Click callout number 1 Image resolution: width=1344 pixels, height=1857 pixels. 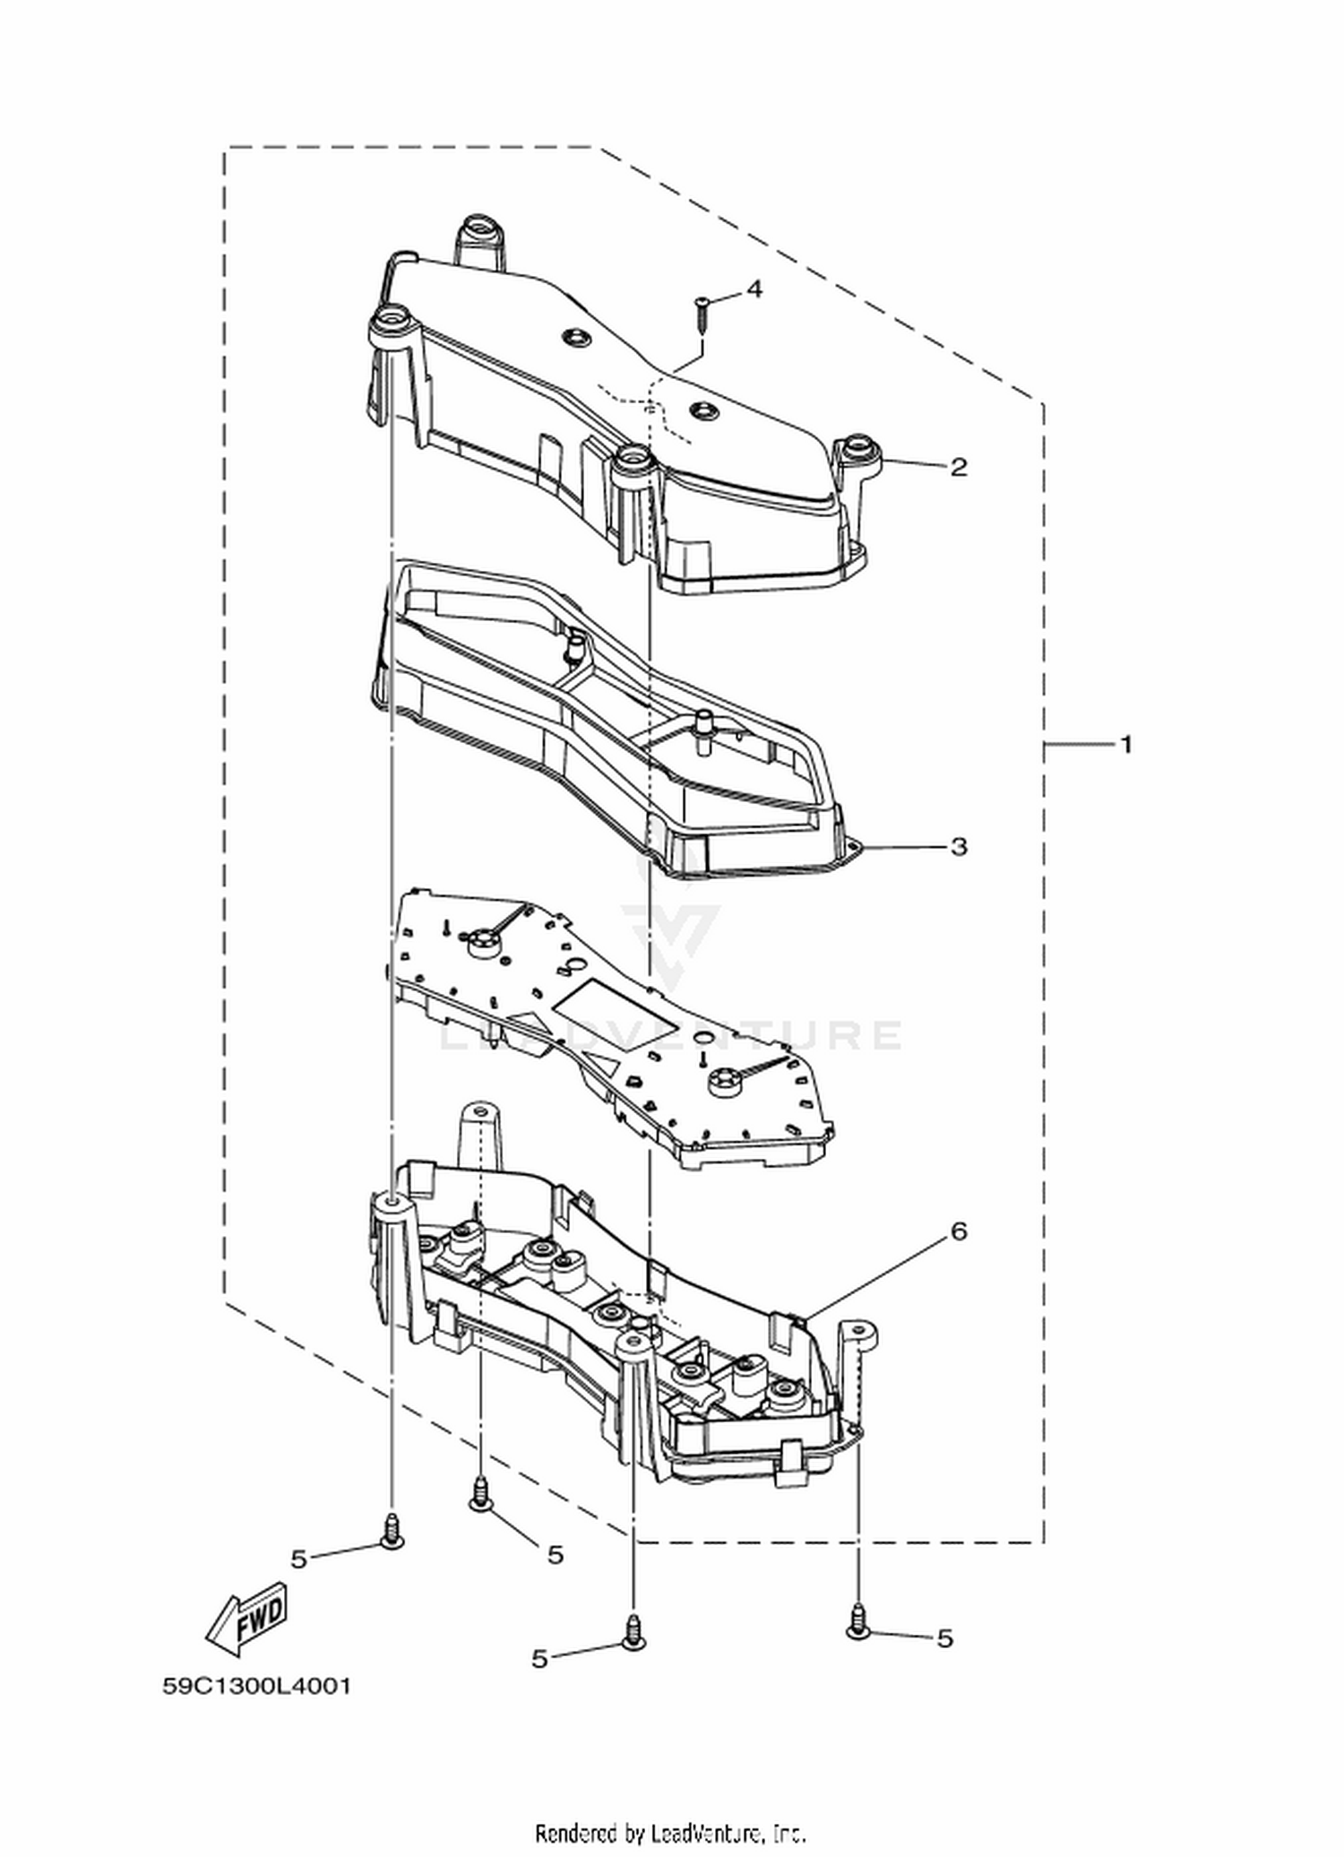1126,744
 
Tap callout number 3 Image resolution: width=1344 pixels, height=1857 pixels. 959,846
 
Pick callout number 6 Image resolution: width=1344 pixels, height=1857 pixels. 959,1231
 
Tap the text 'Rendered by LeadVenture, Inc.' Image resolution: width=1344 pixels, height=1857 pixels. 671,1832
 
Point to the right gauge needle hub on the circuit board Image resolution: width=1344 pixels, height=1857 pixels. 726,1082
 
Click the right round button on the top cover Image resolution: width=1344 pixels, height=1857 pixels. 702,410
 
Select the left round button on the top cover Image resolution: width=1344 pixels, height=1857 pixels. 573,338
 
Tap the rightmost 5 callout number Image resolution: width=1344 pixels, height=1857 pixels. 944,1638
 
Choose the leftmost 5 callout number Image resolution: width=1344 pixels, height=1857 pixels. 298,1559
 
